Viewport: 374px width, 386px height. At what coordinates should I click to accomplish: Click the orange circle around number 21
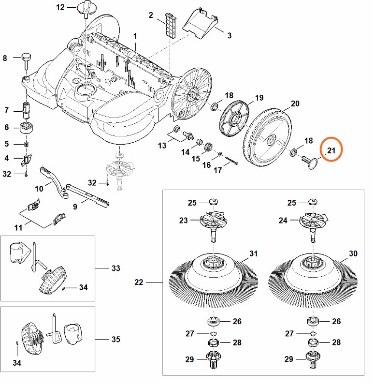coord(331,151)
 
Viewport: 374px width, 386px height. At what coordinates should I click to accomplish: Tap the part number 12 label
coord(60,7)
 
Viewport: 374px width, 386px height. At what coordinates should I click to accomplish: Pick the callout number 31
coord(254,253)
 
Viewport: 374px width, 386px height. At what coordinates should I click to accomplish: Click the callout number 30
coord(353,253)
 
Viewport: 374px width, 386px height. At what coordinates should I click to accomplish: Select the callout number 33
coord(115,267)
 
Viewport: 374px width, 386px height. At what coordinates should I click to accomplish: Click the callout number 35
coord(115,339)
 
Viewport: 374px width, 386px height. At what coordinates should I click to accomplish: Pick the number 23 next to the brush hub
coord(184,220)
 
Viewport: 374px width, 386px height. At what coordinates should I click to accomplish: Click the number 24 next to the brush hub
coord(282,220)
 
